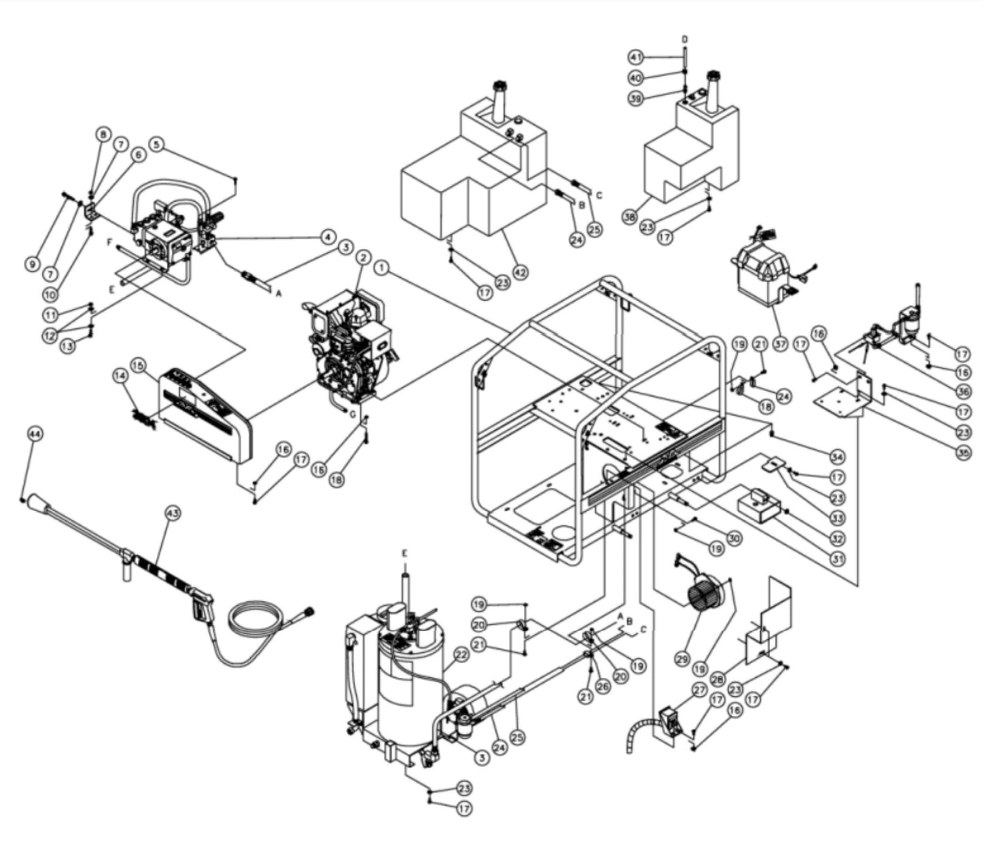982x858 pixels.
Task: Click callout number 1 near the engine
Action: coord(383,268)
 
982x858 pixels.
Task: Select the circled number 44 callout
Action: coord(35,434)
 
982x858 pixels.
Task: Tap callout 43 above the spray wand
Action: coord(173,514)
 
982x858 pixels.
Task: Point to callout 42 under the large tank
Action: coord(520,272)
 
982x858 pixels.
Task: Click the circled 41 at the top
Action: coord(635,56)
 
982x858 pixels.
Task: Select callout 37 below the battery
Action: coord(780,344)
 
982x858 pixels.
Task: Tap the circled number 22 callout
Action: coord(461,655)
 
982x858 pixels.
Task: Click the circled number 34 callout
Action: coord(837,456)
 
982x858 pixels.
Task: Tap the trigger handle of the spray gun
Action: coord(203,607)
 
